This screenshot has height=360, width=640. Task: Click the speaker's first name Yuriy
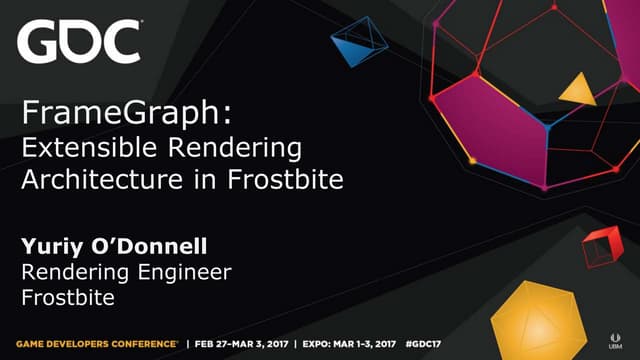51,245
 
